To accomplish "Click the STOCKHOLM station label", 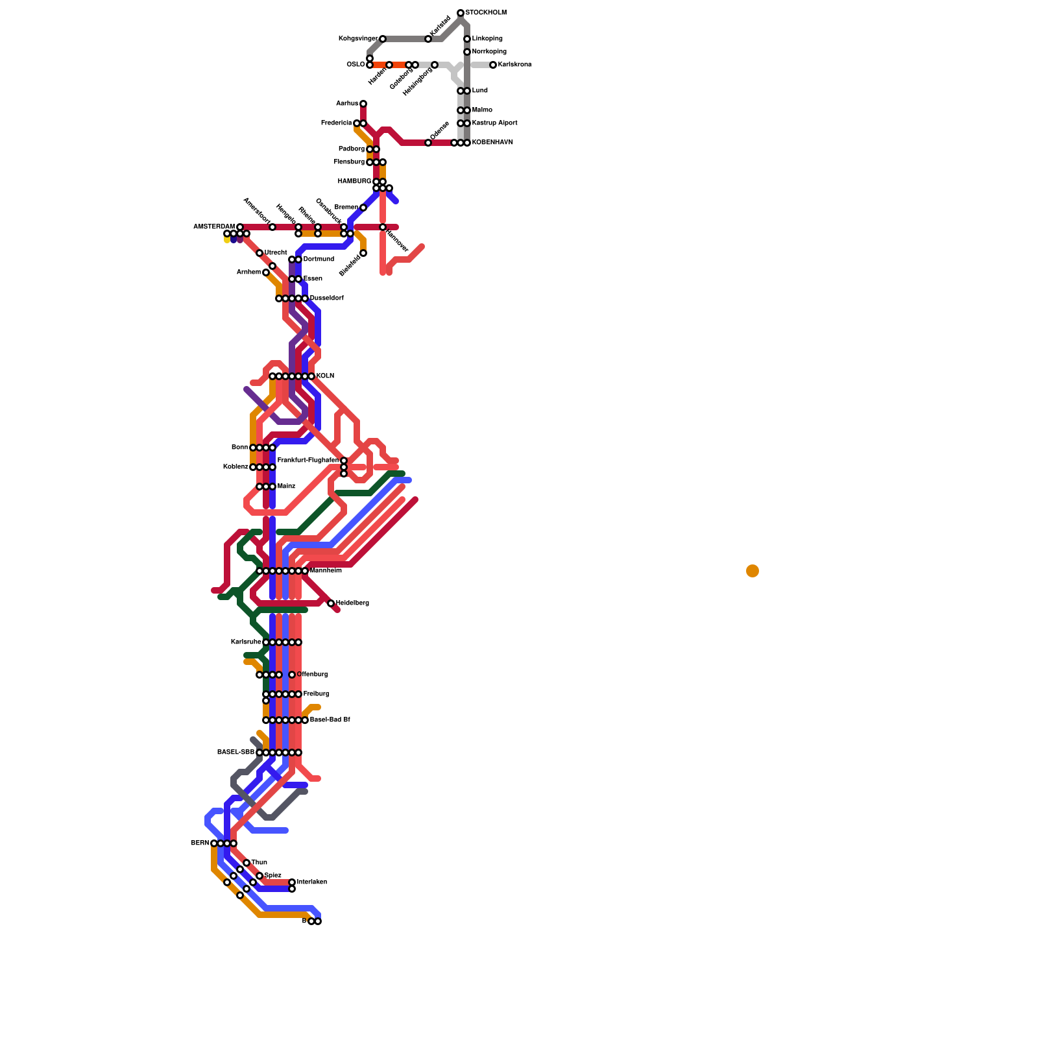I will [x=486, y=13].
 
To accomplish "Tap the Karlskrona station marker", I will [x=493, y=65].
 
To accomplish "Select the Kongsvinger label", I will [x=357, y=39].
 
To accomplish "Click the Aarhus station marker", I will [x=363, y=104].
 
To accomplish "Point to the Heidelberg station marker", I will [x=331, y=603].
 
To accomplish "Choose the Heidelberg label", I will [x=352, y=603].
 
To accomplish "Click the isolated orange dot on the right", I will [x=753, y=571].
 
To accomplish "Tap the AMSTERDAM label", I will [x=213, y=227].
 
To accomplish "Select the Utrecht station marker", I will [x=259, y=253].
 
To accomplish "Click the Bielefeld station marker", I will [x=363, y=253].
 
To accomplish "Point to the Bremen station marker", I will [x=363, y=208].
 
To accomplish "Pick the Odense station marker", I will [x=428, y=143].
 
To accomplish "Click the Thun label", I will [x=259, y=863].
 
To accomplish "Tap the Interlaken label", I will [x=312, y=882].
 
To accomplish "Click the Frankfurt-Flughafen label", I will [x=308, y=461].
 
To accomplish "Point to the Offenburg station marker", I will [x=292, y=675].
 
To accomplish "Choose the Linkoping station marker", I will [x=467, y=39].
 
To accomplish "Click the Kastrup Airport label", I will [x=494, y=123].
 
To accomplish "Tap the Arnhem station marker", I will [x=266, y=272].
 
